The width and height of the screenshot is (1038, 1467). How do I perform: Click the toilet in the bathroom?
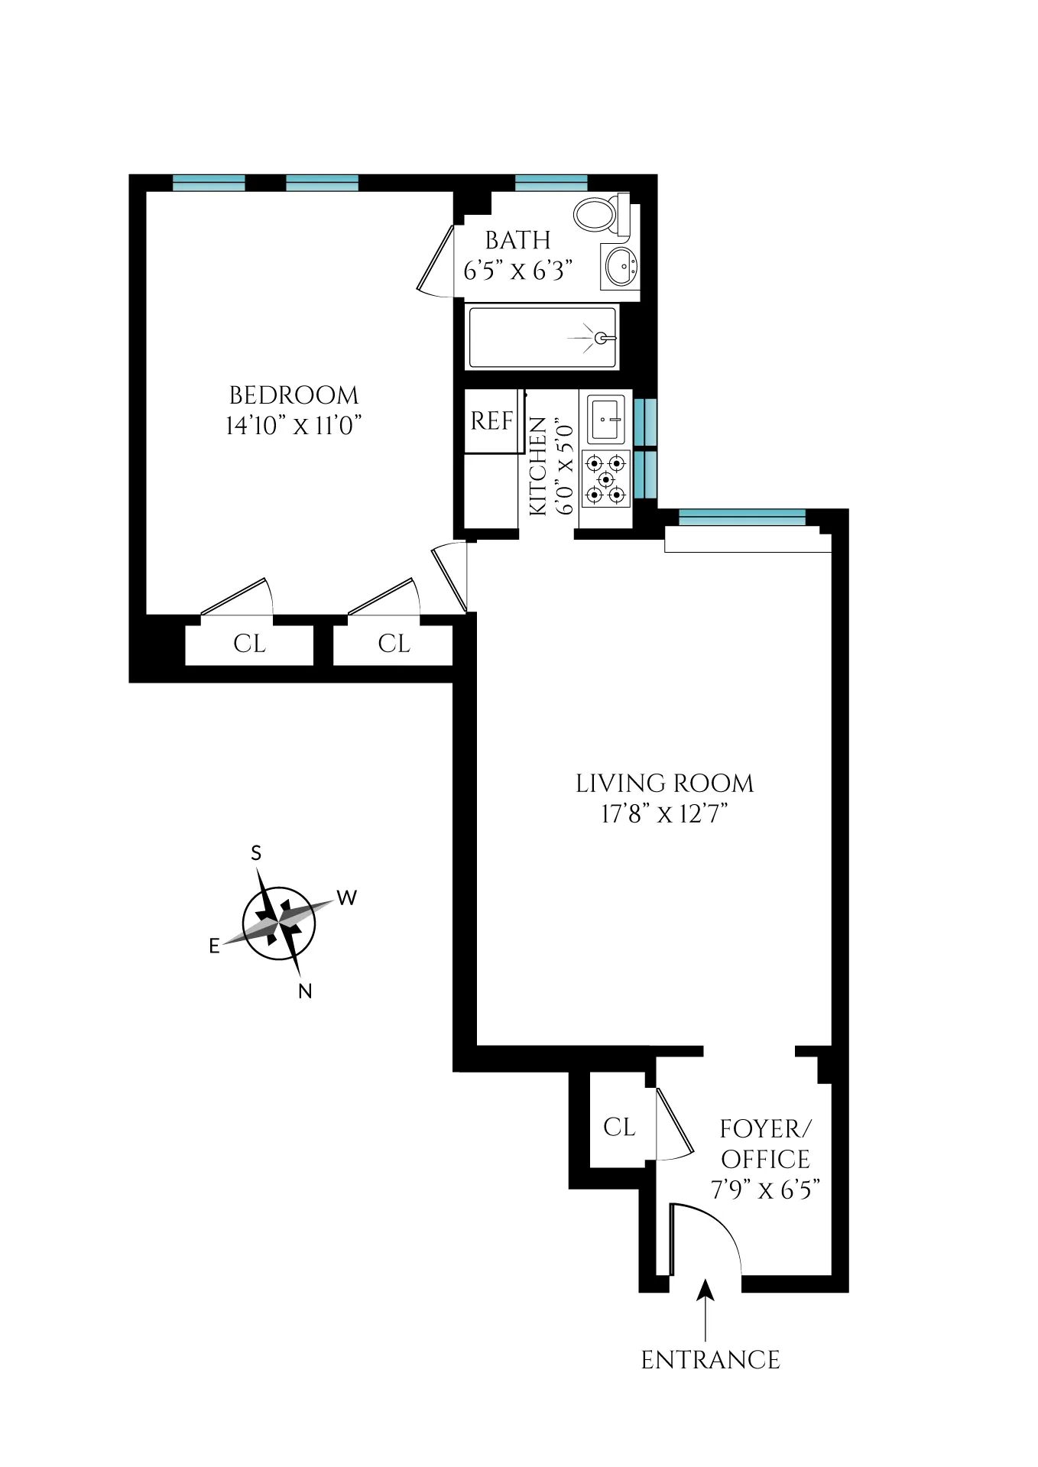click(599, 215)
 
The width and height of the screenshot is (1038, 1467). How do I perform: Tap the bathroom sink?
click(620, 267)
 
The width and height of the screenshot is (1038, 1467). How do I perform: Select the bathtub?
click(542, 337)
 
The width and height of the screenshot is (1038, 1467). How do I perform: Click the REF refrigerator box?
click(491, 421)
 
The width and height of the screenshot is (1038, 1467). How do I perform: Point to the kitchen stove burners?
click(606, 479)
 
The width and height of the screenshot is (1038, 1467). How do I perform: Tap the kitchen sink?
click(606, 419)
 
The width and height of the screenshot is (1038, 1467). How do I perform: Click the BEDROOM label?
click(294, 395)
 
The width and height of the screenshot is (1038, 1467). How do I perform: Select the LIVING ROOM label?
click(664, 784)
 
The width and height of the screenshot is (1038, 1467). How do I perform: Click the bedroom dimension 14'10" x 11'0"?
click(294, 426)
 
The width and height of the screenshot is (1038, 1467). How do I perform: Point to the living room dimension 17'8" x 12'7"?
click(664, 814)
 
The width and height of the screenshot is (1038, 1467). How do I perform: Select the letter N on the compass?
click(305, 992)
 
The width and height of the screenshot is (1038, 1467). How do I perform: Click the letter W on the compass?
click(347, 897)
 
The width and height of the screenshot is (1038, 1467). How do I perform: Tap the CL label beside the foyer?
click(619, 1127)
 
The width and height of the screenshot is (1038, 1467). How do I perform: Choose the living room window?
click(741, 518)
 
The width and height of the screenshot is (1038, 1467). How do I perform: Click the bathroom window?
click(551, 183)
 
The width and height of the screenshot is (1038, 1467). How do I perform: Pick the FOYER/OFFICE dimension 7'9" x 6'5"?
click(765, 1190)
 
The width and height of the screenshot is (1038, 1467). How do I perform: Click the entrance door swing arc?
click(718, 1225)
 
